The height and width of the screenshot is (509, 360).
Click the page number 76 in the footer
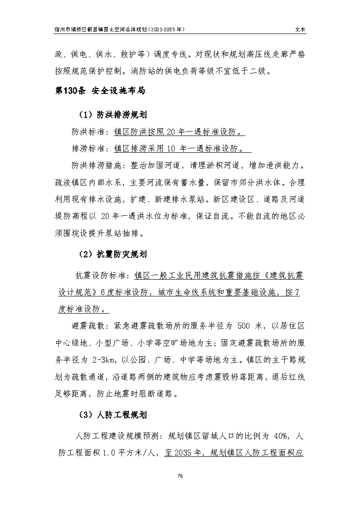pyautogui.click(x=180, y=475)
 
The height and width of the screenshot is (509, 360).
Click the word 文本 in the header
pyautogui.click(x=300, y=28)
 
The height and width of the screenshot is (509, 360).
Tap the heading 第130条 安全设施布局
pyautogui.click(x=100, y=91)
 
